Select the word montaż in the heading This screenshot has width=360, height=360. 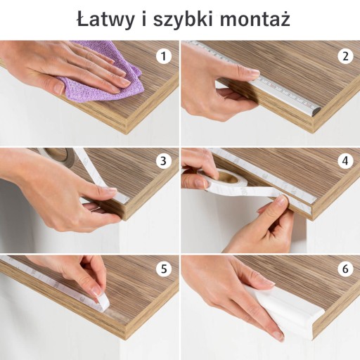click(x=255, y=18)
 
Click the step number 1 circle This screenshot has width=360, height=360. click(x=164, y=56)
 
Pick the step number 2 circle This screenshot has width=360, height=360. click(x=345, y=56)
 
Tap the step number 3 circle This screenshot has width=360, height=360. click(x=164, y=161)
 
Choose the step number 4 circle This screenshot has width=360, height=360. click(x=345, y=161)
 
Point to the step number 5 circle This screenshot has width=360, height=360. click(x=164, y=269)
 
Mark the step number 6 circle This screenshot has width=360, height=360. click(x=345, y=269)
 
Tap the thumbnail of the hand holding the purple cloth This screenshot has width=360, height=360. click(x=58, y=89)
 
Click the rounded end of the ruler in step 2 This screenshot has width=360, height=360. click(x=315, y=110)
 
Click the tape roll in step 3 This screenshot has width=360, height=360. click(x=58, y=156)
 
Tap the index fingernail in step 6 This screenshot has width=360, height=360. click(x=278, y=335)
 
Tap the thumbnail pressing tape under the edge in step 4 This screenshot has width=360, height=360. click(x=281, y=200)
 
